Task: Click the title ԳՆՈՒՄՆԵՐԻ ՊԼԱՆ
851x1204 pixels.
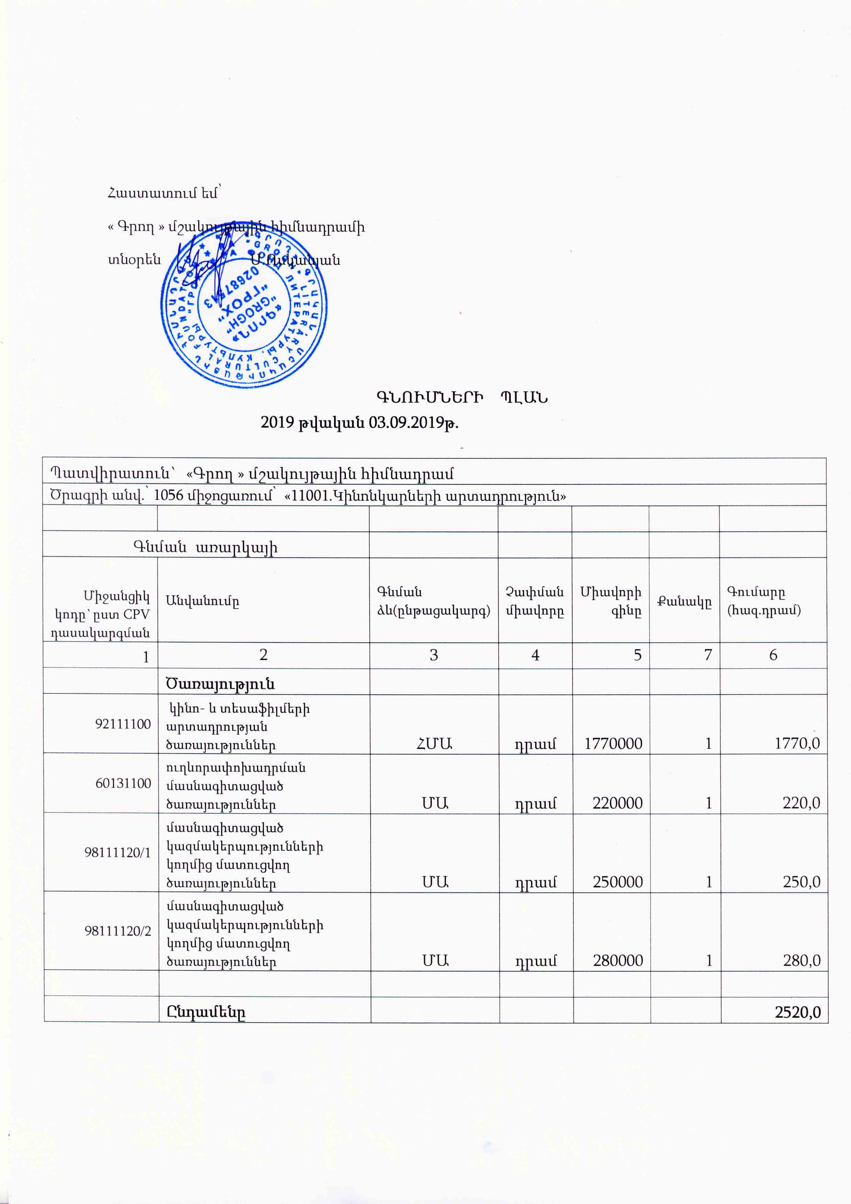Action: (x=462, y=397)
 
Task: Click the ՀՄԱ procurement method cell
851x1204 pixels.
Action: (x=434, y=744)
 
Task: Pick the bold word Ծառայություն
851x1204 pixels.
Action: (x=220, y=684)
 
